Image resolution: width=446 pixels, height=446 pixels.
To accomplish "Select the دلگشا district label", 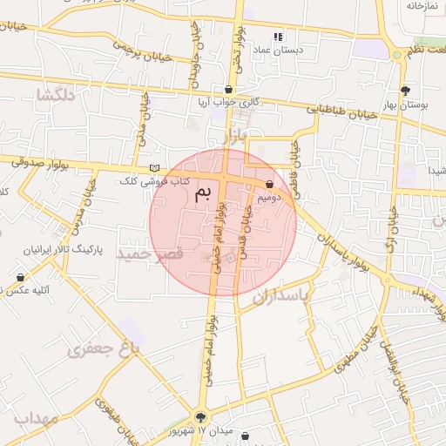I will coord(55,94).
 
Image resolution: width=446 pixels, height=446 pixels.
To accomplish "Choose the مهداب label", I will coord(36,419).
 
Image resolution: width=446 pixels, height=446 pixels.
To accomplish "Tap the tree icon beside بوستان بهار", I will coord(406,90).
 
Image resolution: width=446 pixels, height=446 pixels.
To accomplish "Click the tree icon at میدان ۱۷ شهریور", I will coord(201,417).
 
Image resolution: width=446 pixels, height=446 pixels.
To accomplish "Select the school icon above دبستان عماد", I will coord(278,37).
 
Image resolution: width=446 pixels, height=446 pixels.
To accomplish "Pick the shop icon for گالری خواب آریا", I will coord(228,89).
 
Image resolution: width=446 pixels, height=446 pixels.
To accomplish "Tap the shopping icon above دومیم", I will coord(269,184).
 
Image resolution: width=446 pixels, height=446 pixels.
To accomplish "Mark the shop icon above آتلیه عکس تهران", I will coord(20,277).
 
